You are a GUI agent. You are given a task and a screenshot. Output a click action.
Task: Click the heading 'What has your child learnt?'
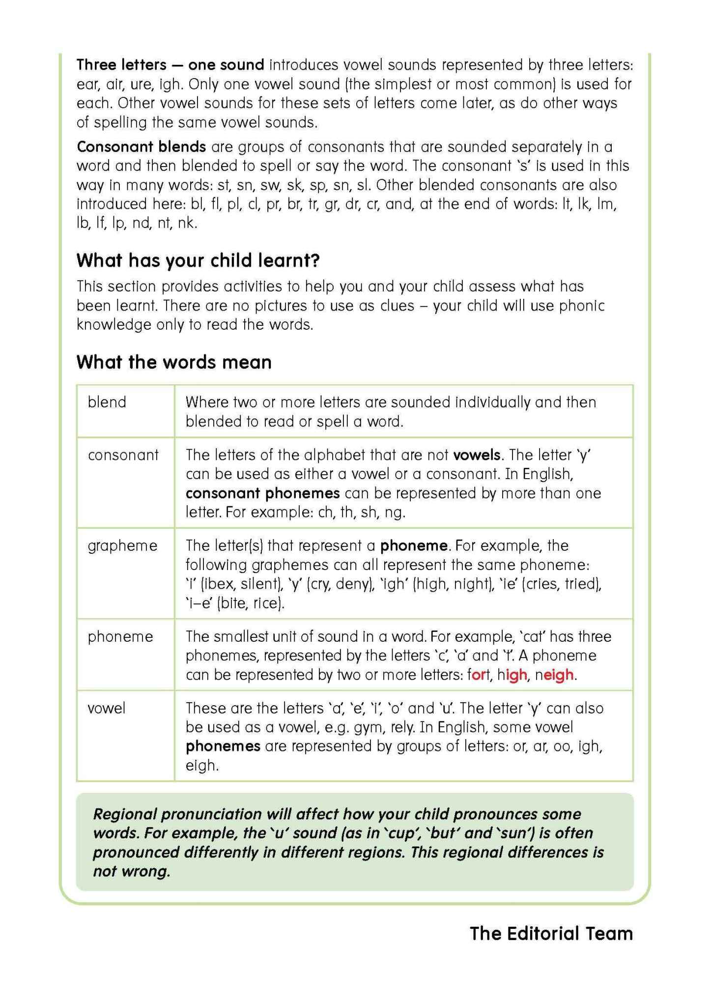(198, 260)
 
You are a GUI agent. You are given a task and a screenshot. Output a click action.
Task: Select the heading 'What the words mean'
(174, 362)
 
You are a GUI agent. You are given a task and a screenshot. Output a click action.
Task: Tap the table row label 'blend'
(107, 402)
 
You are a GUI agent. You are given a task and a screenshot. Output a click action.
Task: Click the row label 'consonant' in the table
(123, 455)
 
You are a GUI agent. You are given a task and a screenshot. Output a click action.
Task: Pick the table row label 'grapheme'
(122, 545)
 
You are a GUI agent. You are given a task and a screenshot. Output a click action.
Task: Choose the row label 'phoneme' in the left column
(120, 636)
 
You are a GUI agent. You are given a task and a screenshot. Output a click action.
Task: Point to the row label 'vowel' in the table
(106, 708)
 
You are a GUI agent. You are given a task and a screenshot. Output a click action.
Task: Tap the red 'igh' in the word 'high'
(516, 675)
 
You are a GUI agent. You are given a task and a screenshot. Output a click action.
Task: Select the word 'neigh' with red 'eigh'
(554, 675)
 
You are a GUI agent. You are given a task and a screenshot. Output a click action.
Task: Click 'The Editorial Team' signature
(551, 933)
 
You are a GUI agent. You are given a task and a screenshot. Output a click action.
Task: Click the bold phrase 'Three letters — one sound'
(170, 65)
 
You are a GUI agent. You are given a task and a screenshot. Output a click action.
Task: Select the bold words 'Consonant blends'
(141, 146)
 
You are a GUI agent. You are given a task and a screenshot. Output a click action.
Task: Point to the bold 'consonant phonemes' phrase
(262, 493)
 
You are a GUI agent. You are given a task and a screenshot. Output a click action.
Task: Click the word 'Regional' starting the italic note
(125, 814)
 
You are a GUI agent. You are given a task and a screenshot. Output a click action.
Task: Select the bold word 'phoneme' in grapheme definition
(414, 545)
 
